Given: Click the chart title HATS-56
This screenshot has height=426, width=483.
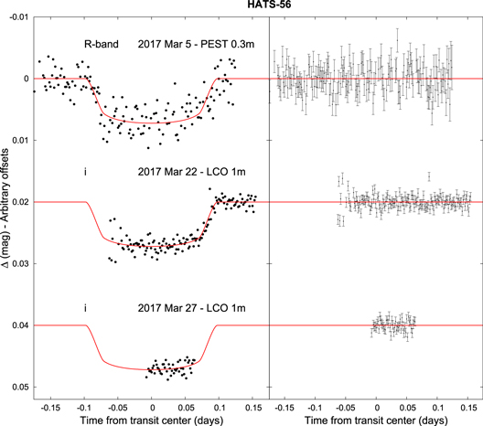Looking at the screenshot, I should tap(241, 6).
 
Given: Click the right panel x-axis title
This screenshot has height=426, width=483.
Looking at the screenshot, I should tap(376, 419).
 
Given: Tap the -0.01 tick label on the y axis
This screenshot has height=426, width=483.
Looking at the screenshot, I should tap(15, 17).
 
